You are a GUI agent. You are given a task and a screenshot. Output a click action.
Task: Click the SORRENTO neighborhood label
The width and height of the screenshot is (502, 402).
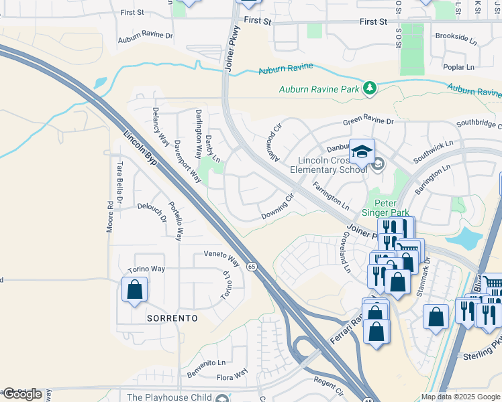point(172,318)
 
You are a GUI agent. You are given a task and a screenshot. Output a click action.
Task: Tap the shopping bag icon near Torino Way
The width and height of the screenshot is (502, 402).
point(135,290)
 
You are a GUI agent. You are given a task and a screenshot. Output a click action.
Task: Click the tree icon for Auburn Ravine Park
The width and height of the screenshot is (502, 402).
point(368,88)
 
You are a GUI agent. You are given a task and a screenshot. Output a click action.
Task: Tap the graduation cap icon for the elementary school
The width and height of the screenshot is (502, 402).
point(362,151)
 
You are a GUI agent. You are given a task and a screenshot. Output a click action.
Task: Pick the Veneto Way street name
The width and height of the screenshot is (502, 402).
point(221,258)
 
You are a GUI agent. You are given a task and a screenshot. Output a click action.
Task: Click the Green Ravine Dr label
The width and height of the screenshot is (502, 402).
point(368,121)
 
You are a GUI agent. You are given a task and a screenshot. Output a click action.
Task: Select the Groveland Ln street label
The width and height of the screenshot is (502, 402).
point(346,252)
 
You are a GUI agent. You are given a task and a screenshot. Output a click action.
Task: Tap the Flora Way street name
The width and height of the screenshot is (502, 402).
point(232,372)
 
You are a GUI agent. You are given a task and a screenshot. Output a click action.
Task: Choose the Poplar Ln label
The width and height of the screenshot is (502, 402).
point(459,67)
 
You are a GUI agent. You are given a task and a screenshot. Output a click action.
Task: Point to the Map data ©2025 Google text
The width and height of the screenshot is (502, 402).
point(460,397)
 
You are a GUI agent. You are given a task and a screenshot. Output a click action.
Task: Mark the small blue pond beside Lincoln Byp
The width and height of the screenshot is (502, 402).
point(100,83)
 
